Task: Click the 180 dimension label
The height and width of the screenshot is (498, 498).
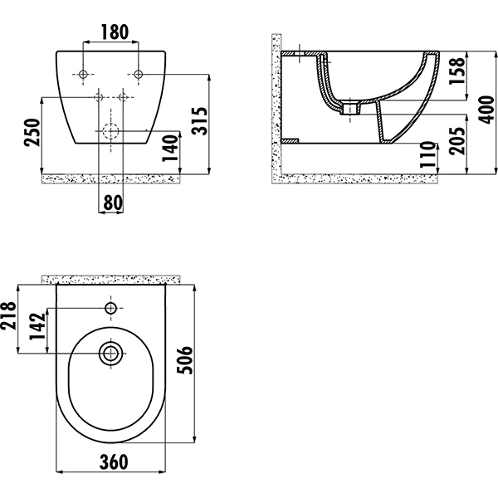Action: click(115, 32)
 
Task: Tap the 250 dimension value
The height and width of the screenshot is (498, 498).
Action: click(32, 132)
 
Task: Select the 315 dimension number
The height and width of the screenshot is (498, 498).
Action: click(200, 121)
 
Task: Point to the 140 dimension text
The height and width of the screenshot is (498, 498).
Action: click(170, 148)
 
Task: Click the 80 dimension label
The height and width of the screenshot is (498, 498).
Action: click(113, 203)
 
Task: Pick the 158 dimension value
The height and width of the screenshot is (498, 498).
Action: click(456, 71)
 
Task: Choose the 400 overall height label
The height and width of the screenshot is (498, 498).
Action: click(486, 110)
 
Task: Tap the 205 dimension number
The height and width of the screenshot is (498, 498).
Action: click(456, 141)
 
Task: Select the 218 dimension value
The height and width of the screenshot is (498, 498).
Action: click(8, 316)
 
